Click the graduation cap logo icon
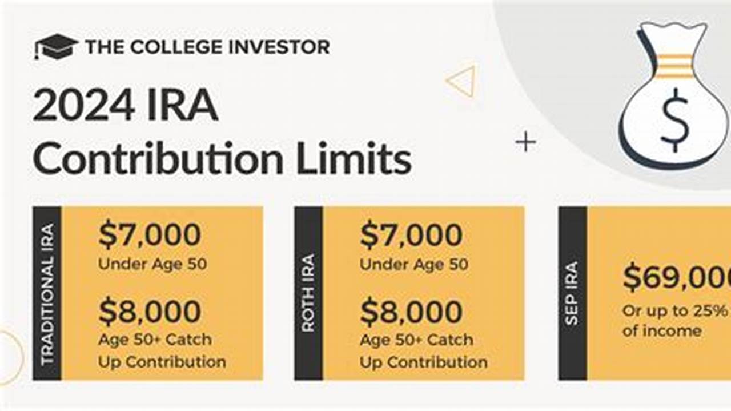[x=55, y=46]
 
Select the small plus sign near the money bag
[x=525, y=142]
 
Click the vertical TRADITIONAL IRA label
[x=47, y=293]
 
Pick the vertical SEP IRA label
[x=572, y=293]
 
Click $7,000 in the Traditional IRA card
[x=150, y=235]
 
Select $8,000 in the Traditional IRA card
[x=150, y=312]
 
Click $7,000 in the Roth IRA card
[x=411, y=235]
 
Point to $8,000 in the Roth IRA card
[x=411, y=312]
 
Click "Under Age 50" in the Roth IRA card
[x=413, y=264]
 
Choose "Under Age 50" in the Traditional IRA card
[x=152, y=264]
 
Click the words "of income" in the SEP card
[x=662, y=330]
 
